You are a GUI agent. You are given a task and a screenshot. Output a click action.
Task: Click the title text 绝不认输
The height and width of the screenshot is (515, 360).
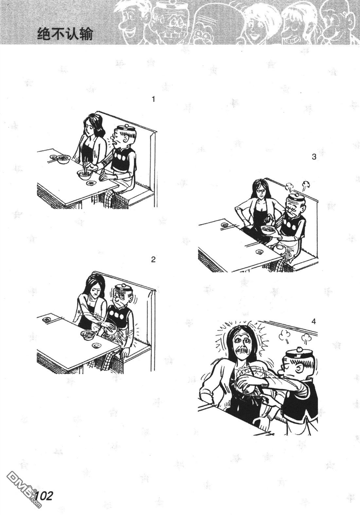[x=65, y=34]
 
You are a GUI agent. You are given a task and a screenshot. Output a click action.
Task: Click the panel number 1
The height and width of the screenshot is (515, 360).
[x=153, y=99]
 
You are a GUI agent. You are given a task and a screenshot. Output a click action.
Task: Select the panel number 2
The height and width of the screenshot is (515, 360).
[x=153, y=260]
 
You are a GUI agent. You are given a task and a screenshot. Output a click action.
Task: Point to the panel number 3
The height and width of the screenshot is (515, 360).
[x=314, y=157]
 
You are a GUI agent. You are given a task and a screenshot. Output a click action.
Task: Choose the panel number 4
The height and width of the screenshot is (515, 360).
[x=314, y=322]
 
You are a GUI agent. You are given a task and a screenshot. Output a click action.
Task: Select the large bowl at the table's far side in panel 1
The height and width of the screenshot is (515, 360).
[x=64, y=159]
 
